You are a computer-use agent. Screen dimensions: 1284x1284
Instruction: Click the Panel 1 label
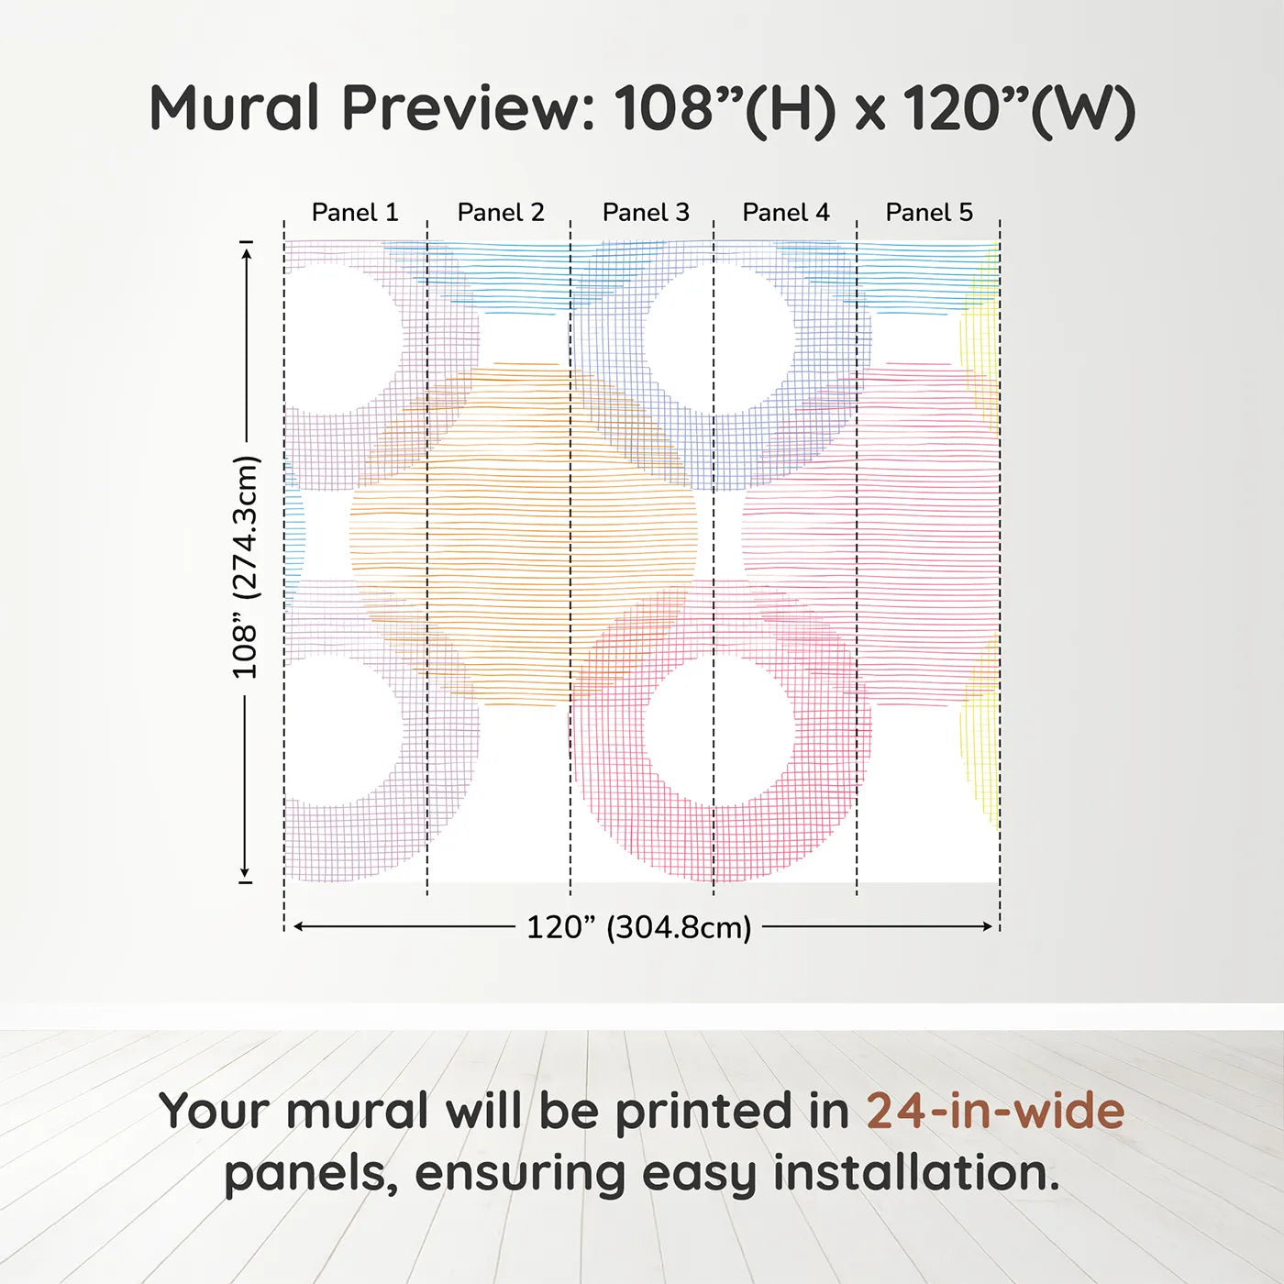355,213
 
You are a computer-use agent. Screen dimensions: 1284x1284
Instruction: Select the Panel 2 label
501,213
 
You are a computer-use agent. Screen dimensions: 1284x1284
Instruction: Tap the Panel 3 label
646,213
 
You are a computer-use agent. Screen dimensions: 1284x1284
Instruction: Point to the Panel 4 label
786,213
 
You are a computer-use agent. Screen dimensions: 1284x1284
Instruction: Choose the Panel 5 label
929,213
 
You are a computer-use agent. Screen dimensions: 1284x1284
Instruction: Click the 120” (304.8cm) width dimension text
638,927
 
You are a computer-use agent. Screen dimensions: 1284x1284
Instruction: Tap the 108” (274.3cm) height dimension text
245,567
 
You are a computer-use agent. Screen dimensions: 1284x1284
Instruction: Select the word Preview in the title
469,108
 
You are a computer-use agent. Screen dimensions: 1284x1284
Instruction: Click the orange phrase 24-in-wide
995,1112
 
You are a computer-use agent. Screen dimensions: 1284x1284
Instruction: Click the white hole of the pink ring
719,730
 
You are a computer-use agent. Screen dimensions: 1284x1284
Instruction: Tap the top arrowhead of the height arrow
246,249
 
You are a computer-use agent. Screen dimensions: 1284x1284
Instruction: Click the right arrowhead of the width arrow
989,926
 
